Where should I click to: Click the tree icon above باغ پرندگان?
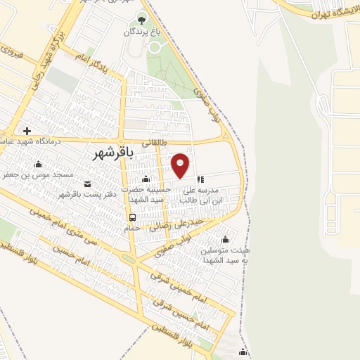143,20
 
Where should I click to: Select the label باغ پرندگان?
143,32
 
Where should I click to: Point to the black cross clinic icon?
27,131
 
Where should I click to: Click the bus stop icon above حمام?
132,217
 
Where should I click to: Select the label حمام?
132,228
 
